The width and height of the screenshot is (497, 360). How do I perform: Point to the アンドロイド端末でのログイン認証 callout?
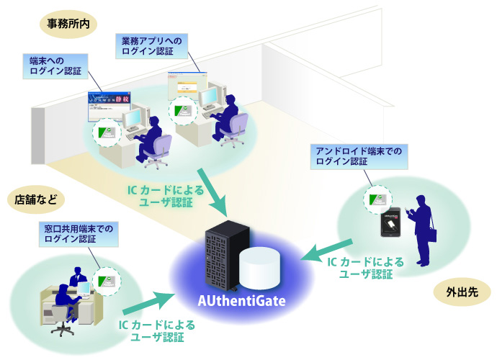pos(358,156)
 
